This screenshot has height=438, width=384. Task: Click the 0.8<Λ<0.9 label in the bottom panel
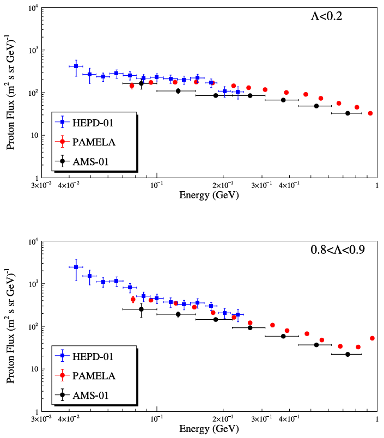coord(337,250)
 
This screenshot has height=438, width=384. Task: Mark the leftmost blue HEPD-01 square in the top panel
coord(76,66)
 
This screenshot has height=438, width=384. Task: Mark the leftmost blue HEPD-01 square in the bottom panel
coord(76,267)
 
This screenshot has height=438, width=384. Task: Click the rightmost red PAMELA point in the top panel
coord(370,113)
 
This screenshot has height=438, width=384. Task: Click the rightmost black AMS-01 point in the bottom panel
coord(348,354)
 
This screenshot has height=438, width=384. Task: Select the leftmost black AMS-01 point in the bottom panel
coord(141,309)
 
